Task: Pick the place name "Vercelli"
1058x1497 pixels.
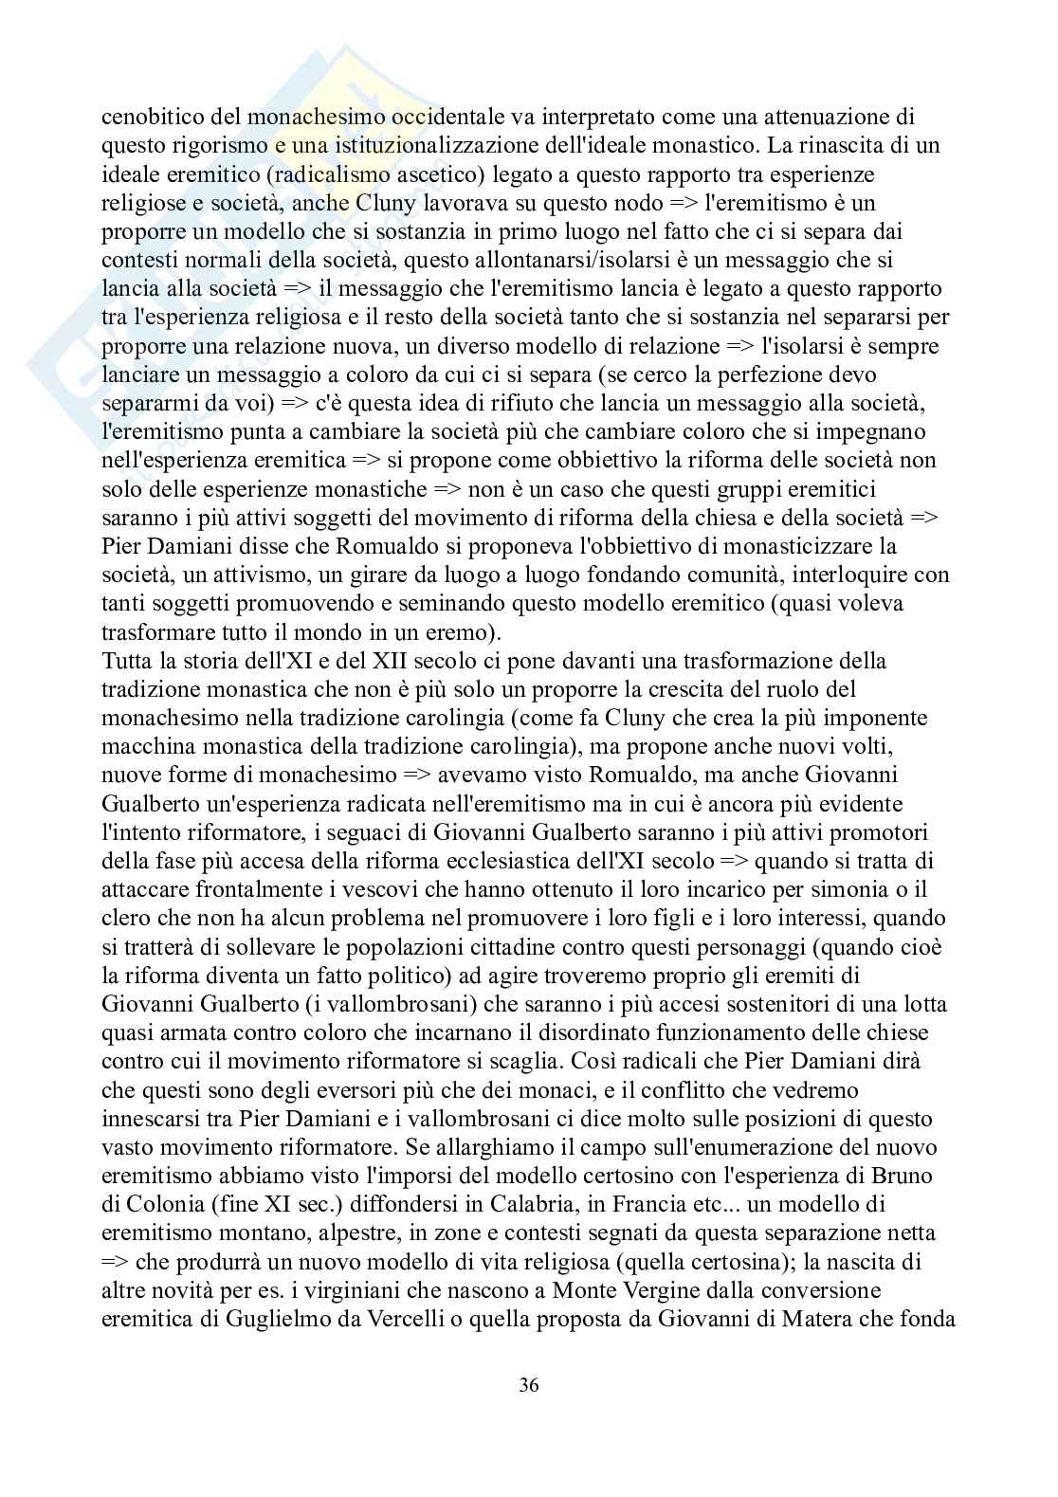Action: tap(364, 1319)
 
